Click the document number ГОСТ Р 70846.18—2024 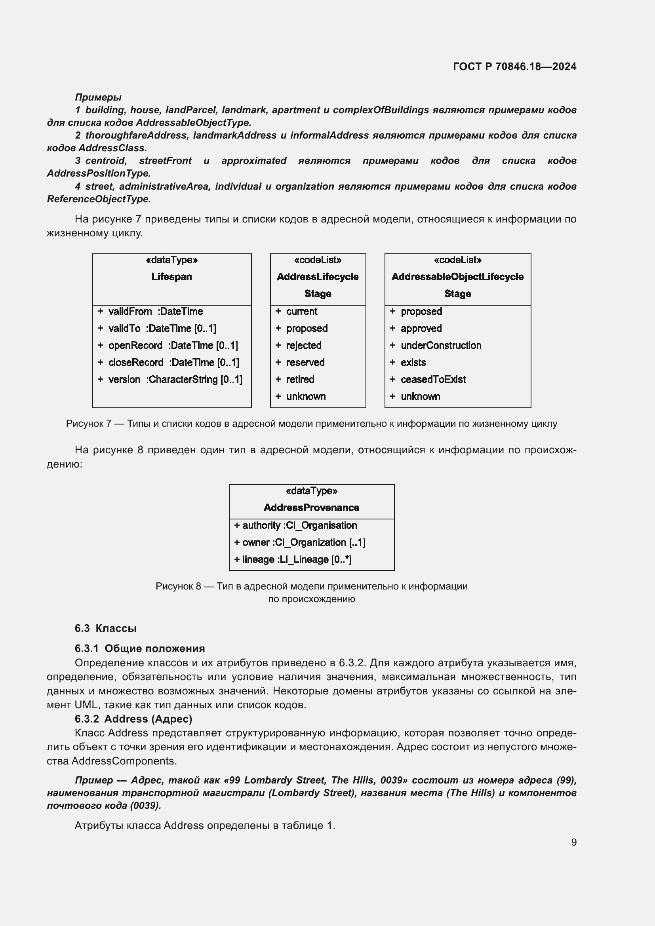514,67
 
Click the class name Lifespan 171,277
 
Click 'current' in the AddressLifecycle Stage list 301,311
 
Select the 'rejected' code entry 303,346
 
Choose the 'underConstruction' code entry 440,346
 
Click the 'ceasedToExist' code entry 433,380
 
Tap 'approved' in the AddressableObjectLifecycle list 421,329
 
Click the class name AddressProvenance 311,508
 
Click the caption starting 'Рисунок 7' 311,424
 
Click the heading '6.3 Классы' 106,628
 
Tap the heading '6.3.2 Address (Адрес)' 133,719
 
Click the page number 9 573,842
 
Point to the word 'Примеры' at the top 98,97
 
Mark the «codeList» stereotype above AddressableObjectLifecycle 457,260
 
